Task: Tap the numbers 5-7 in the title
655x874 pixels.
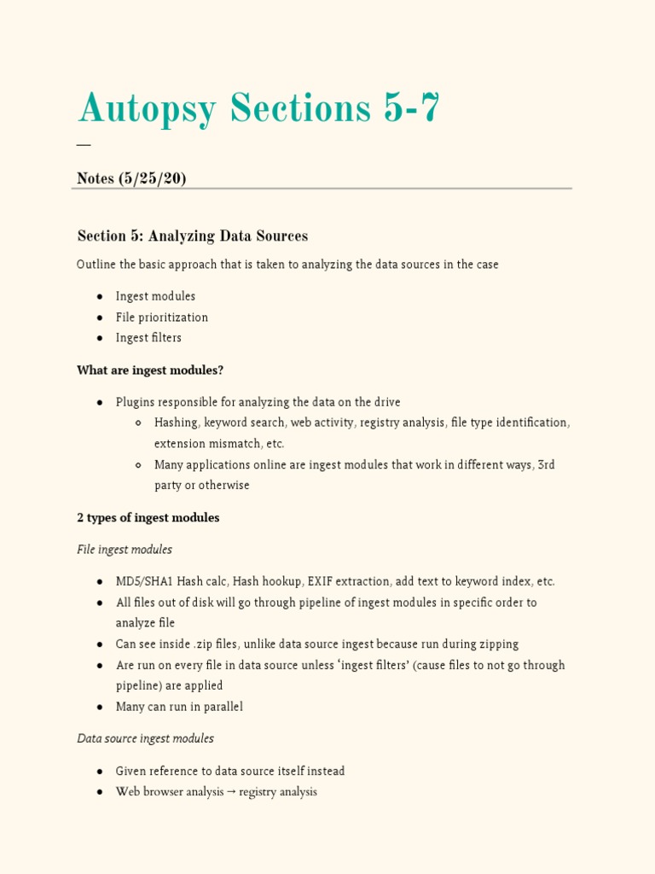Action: pos(408,108)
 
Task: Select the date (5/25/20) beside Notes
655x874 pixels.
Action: pos(154,178)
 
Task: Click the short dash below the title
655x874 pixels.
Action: pos(83,144)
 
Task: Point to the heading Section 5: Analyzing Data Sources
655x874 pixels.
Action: pos(192,236)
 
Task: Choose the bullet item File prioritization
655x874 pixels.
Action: pos(162,318)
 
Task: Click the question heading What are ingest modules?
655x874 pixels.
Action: pos(150,370)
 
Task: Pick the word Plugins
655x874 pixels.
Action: pos(135,402)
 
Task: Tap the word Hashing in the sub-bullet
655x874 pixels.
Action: pos(176,422)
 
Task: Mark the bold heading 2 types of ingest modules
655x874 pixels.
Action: pos(148,518)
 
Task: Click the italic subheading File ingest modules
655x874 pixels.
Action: pos(125,550)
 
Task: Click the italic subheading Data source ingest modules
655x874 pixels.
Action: pos(145,738)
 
